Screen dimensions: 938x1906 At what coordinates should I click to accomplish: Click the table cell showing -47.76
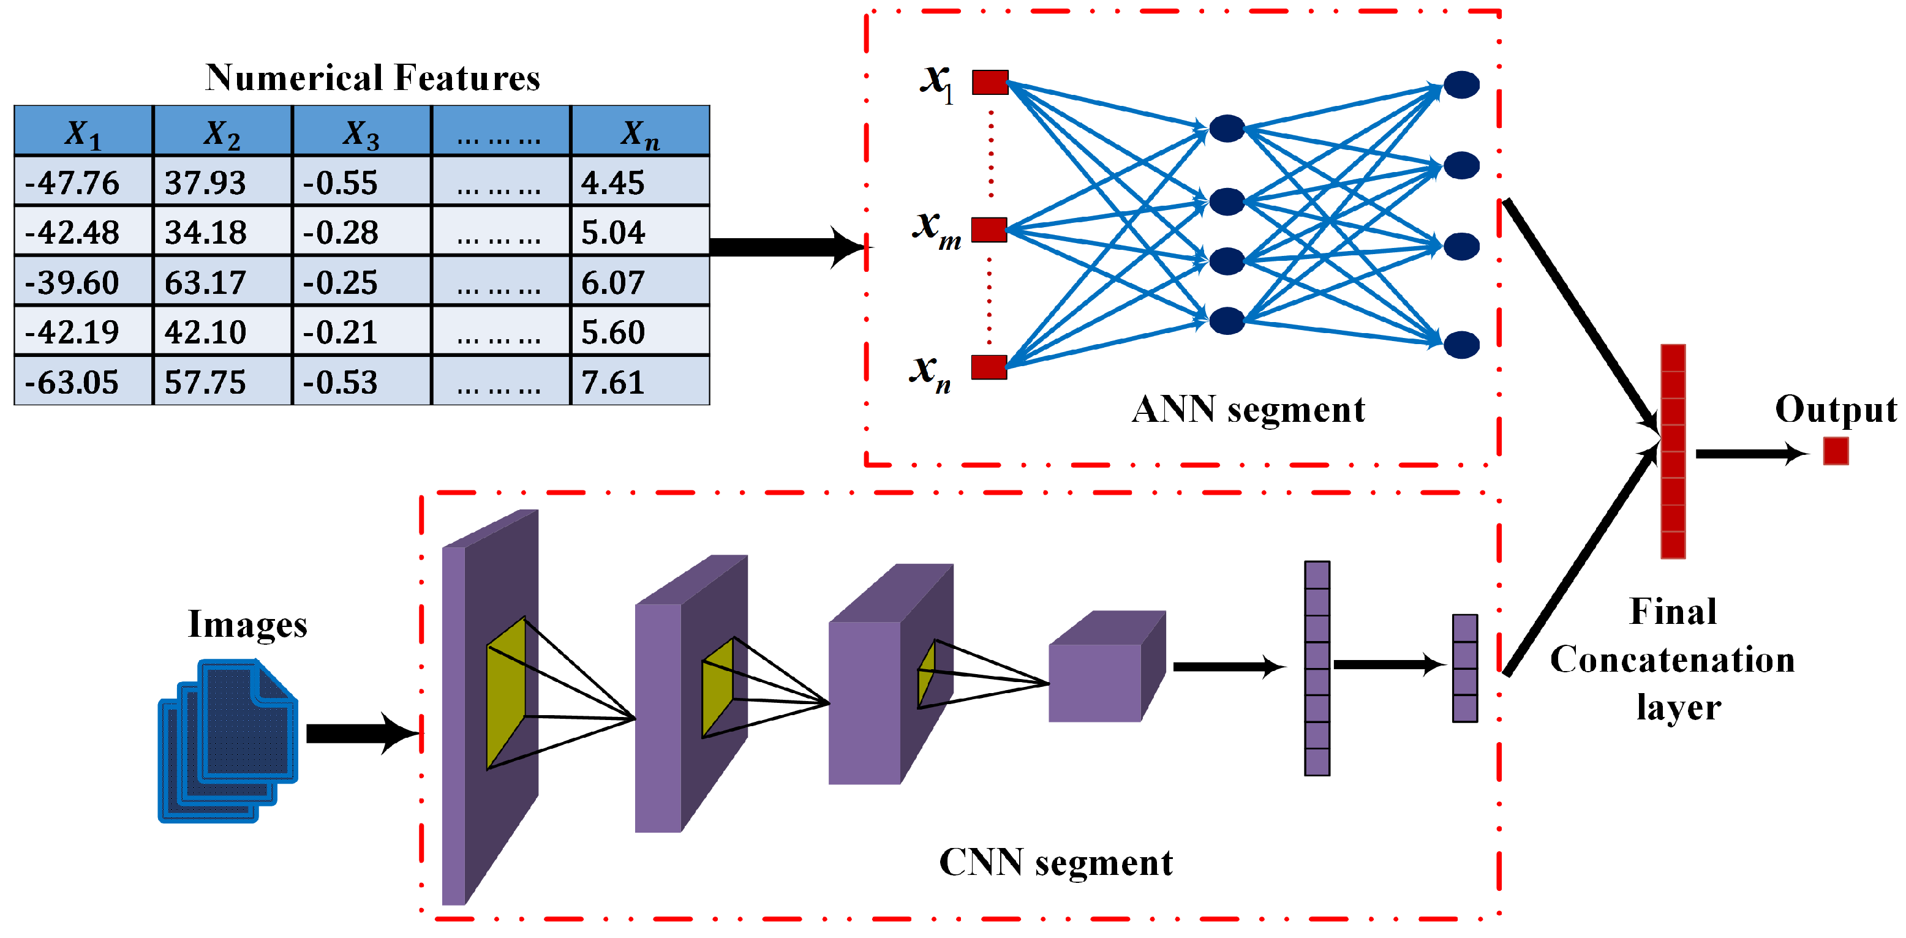coord(72,182)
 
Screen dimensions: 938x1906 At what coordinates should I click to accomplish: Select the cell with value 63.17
coord(206,282)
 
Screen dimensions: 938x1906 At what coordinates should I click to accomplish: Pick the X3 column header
coord(361,133)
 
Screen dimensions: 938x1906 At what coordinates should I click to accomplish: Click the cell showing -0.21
coord(341,331)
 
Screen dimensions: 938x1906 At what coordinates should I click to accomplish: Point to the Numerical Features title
coord(372,78)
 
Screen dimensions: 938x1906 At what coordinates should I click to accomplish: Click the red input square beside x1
coord(990,81)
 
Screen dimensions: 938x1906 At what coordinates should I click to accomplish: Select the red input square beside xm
coord(989,230)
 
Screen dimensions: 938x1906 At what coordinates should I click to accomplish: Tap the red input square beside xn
coord(989,367)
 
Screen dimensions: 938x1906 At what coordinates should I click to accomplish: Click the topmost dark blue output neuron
coord(1461,84)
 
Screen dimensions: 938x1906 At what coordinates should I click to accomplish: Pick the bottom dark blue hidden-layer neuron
coord(1227,320)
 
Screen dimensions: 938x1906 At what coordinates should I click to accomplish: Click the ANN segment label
coord(1248,409)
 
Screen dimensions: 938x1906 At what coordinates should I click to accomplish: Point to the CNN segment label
coord(1056,862)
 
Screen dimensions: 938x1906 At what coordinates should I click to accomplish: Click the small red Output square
coord(1836,451)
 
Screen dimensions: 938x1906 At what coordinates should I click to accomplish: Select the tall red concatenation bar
coord(1673,451)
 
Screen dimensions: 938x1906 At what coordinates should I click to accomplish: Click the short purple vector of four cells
coord(1464,668)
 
